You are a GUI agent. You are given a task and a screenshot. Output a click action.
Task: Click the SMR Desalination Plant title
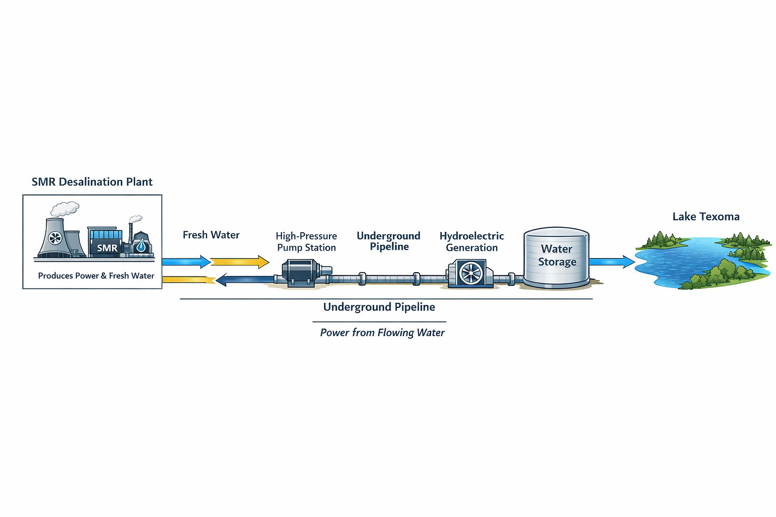[92, 182]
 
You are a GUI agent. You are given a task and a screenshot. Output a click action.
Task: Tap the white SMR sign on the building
[107, 248]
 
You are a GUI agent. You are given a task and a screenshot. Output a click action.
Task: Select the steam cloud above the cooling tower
[65, 209]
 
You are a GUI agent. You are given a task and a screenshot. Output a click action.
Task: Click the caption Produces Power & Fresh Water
[96, 275]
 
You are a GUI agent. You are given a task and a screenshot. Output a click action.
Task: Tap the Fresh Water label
[211, 235]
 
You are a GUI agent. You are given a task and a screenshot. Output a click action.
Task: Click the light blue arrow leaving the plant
[186, 262]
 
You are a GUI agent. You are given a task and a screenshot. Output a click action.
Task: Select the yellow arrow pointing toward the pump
[240, 262]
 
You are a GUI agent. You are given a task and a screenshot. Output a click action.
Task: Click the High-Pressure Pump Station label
[306, 242]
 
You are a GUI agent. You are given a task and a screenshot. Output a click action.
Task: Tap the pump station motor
[302, 273]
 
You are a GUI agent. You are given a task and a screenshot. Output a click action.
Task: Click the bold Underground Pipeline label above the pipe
[389, 241]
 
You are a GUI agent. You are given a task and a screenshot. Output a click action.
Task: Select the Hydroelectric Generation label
[471, 242]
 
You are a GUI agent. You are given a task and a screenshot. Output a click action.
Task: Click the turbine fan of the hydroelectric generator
[471, 273]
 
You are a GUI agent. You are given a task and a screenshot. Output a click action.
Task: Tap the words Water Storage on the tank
[557, 255]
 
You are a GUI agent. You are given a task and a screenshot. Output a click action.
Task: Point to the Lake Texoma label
[706, 216]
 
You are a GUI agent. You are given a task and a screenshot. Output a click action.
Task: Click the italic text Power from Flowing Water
[382, 332]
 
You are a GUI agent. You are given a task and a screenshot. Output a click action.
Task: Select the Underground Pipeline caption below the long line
[379, 307]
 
